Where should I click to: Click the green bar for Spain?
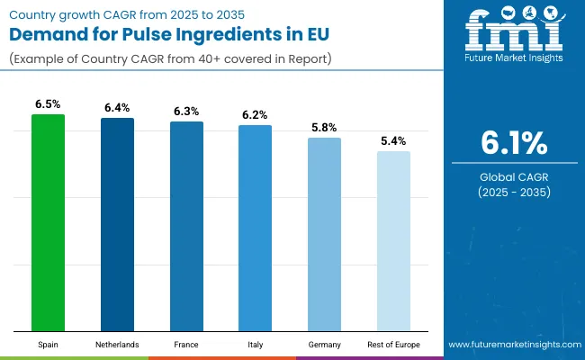(x=48, y=222)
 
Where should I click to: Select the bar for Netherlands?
(x=117, y=224)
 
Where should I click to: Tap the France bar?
(x=186, y=226)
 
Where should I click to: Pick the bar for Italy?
(x=255, y=228)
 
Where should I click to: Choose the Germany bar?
(x=324, y=234)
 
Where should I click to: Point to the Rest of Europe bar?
(x=393, y=241)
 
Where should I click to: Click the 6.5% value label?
(x=48, y=104)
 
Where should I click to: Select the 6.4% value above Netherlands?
(x=117, y=108)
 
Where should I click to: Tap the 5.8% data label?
(x=324, y=128)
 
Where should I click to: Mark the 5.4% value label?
(x=393, y=141)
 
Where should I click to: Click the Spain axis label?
(x=48, y=345)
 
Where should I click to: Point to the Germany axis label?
(x=324, y=345)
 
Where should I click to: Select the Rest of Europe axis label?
(x=393, y=345)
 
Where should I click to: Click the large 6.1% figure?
(x=512, y=143)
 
